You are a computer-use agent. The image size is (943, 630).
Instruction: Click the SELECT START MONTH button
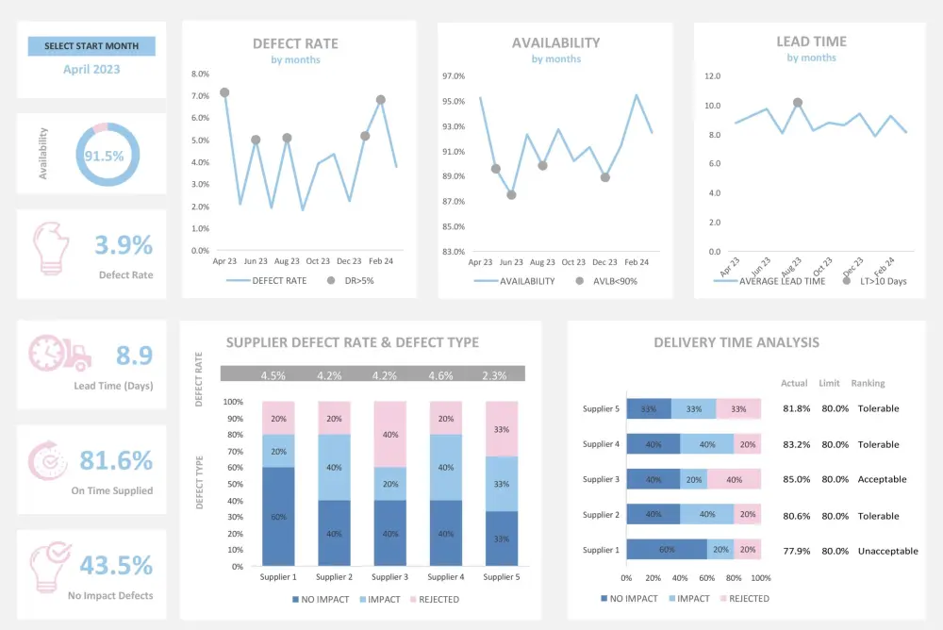pyautogui.click(x=91, y=46)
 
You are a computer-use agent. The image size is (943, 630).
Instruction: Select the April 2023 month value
pyautogui.click(x=91, y=69)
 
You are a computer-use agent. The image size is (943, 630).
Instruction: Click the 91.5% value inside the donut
pyautogui.click(x=105, y=156)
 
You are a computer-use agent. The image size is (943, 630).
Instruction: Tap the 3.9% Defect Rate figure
pyautogui.click(x=124, y=245)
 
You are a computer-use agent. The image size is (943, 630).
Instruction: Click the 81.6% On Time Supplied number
pyautogui.click(x=116, y=460)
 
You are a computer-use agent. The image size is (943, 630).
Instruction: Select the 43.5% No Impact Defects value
pyautogui.click(x=116, y=565)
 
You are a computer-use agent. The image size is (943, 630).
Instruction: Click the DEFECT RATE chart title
pyautogui.click(x=295, y=43)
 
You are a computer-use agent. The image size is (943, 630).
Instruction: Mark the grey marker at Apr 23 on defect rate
pyautogui.click(x=224, y=92)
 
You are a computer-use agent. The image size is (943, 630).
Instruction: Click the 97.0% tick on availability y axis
pyautogui.click(x=454, y=76)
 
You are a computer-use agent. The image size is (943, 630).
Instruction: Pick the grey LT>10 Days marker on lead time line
pyautogui.click(x=798, y=102)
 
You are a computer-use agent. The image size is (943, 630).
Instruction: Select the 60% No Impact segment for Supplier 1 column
pyautogui.click(x=279, y=517)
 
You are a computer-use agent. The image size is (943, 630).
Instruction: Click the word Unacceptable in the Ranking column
pyautogui.click(x=886, y=551)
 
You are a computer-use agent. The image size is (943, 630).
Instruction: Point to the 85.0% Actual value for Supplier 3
pyautogui.click(x=796, y=479)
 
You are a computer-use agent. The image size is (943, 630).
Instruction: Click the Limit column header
pyautogui.click(x=829, y=383)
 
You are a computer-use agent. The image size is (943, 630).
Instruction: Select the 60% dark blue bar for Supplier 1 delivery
pyautogui.click(x=666, y=550)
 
